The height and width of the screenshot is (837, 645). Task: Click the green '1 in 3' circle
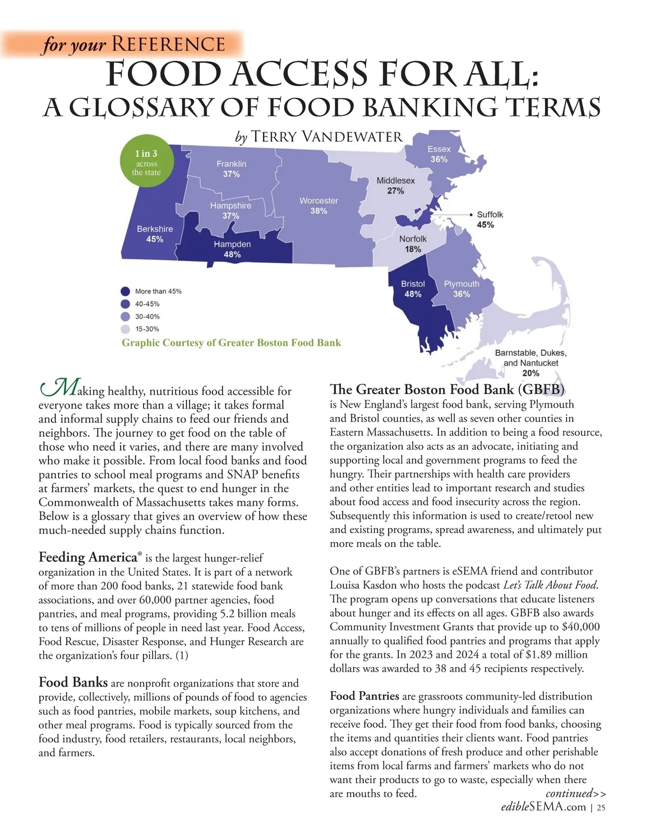[x=146, y=162]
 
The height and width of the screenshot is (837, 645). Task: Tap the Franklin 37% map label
[x=232, y=169]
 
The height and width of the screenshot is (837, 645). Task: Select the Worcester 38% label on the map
[x=319, y=206]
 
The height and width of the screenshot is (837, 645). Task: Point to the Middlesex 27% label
[x=396, y=185]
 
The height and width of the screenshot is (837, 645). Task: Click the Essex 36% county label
[x=439, y=154]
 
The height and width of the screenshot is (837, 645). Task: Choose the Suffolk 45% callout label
[x=489, y=219]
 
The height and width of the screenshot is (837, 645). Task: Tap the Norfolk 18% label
[x=413, y=244]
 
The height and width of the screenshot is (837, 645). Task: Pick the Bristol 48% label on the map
[x=413, y=289]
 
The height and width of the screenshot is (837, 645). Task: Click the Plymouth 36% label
[x=461, y=289]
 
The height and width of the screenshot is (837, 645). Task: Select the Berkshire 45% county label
[x=155, y=234]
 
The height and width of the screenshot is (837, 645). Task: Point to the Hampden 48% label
[x=232, y=249]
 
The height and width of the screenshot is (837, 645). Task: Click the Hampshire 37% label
[x=231, y=211]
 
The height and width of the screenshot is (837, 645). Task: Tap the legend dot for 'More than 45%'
[x=125, y=291]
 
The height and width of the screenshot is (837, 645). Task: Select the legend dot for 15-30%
[x=125, y=329]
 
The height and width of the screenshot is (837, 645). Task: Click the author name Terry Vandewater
[x=327, y=136]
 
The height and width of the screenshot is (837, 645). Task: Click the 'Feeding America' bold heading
[x=88, y=557]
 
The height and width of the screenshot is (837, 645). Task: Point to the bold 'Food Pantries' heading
[x=364, y=696]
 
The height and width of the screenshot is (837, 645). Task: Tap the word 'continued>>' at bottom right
[x=576, y=793]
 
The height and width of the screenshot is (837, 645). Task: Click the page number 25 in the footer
[x=601, y=807]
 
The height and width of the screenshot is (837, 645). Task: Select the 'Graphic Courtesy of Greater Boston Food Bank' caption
[x=231, y=343]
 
